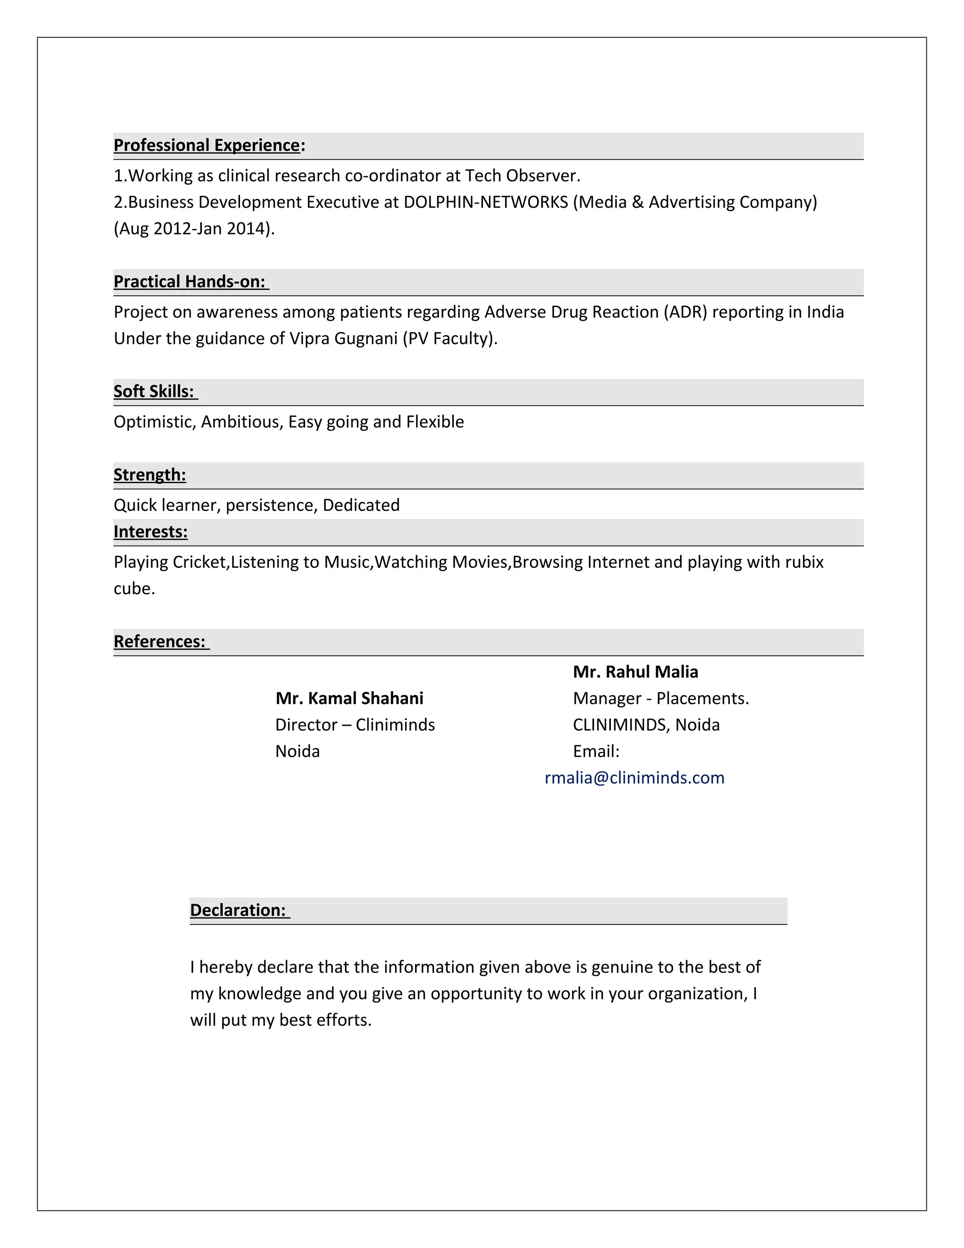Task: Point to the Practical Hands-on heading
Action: [190, 282]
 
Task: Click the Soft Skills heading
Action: [153, 391]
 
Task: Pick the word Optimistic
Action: [155, 421]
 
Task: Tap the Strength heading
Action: [150, 475]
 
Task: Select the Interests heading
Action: [150, 532]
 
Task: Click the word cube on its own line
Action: [134, 589]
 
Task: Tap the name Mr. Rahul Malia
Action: [635, 672]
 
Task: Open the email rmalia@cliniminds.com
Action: [634, 778]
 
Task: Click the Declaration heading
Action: [238, 910]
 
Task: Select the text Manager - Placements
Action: [660, 698]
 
